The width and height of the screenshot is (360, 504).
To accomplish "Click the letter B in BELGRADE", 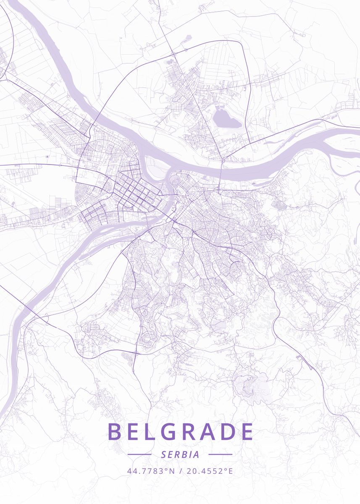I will (114, 432).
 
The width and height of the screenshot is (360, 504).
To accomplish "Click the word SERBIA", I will (180, 454).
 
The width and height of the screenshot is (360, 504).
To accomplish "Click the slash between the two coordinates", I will (180, 471).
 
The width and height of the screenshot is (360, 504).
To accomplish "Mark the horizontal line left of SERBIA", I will (139, 454).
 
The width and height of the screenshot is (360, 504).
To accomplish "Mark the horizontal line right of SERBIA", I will (220, 454).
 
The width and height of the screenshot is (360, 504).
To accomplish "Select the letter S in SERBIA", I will (163, 454).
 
